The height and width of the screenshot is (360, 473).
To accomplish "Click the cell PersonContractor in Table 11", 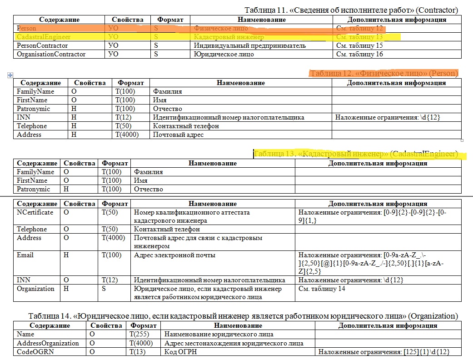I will pyautogui.click(x=42, y=45).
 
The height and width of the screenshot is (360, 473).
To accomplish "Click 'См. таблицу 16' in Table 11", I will pyautogui.click(x=359, y=54).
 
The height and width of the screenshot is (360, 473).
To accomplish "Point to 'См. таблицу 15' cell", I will pyautogui.click(x=359, y=45).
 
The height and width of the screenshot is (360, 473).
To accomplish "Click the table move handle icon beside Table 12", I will pyautogui.click(x=10, y=75).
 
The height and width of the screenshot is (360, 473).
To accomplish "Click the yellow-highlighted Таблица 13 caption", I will pyautogui.click(x=356, y=154).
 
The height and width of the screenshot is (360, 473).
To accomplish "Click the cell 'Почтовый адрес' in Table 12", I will pyautogui.click(x=178, y=135).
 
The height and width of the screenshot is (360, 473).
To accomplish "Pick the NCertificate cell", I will pyautogui.click(x=35, y=212).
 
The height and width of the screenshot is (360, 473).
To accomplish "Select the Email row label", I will pyautogui.click(x=25, y=255).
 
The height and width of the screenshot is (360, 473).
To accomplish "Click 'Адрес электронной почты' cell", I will pyautogui.click(x=174, y=255).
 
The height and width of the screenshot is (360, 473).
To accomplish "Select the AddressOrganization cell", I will pyautogui.click(x=48, y=343).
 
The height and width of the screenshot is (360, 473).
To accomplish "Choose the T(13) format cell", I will pyautogui.click(x=139, y=352).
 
